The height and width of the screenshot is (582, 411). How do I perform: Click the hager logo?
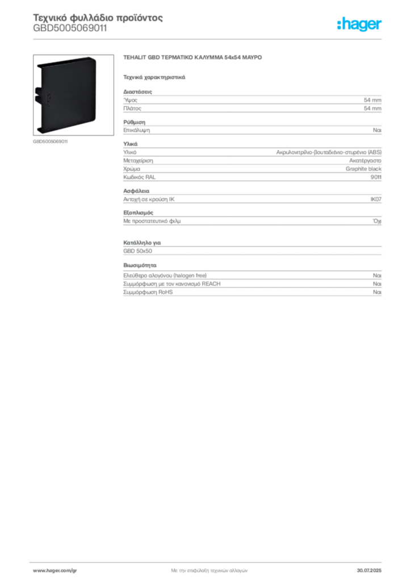(359, 24)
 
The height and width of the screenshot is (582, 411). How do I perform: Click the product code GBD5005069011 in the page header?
(70, 28)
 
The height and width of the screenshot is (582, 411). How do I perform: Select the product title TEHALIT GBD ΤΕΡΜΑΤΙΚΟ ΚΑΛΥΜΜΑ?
(173, 57)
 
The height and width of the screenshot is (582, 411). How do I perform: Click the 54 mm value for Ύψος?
(372, 100)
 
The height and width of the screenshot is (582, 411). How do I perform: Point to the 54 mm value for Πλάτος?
(372, 109)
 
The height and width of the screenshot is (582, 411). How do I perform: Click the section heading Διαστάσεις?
(137, 92)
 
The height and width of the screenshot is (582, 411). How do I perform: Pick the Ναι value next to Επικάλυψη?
(377, 130)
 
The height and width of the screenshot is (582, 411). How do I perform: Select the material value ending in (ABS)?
(329, 152)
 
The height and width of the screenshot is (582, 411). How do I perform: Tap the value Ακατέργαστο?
(365, 161)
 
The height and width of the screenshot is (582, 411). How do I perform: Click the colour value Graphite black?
(363, 169)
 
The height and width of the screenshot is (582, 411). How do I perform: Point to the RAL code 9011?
(376, 177)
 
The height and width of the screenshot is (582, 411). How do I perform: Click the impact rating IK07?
(376, 199)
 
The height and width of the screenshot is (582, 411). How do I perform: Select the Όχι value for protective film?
(377, 221)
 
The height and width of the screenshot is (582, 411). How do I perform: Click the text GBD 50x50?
(137, 251)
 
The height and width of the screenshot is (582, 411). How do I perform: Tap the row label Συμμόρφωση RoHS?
(148, 292)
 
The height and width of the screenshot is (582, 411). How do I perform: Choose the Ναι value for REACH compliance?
(377, 284)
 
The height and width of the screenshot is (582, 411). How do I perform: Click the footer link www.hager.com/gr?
(55, 571)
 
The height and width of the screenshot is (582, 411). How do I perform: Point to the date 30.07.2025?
(369, 571)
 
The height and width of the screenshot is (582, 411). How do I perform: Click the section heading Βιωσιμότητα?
(140, 265)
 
